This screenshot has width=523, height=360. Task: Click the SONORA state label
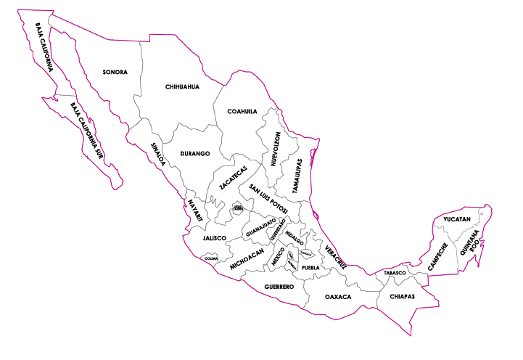click(115, 72)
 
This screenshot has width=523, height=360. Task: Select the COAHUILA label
click(242, 111)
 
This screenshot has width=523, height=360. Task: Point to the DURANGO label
click(194, 154)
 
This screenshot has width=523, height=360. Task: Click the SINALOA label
click(157, 154)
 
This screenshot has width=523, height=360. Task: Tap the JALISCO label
click(215, 237)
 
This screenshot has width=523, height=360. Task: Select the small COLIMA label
click(210, 258)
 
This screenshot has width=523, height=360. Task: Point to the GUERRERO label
click(279, 287)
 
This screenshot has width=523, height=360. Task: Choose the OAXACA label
click(338, 297)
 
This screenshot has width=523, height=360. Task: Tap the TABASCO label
click(395, 273)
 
